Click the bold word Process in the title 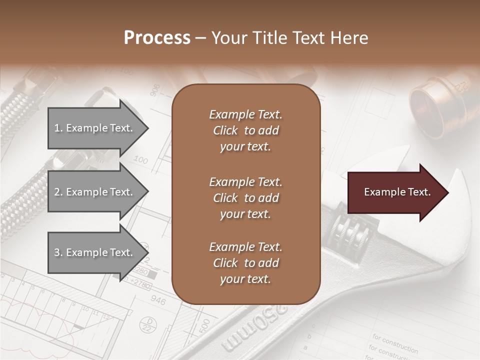tap(157, 38)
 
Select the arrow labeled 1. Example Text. tap(95, 128)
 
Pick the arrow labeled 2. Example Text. tap(95, 192)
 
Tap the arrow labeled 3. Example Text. tap(95, 252)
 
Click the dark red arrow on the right tap(397, 192)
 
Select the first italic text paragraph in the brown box tap(245, 130)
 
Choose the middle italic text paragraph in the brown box tap(245, 197)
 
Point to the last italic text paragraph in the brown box tap(245, 263)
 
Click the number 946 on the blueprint tap(158, 300)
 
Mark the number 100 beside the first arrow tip tap(141, 160)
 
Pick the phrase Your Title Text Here tap(289, 38)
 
